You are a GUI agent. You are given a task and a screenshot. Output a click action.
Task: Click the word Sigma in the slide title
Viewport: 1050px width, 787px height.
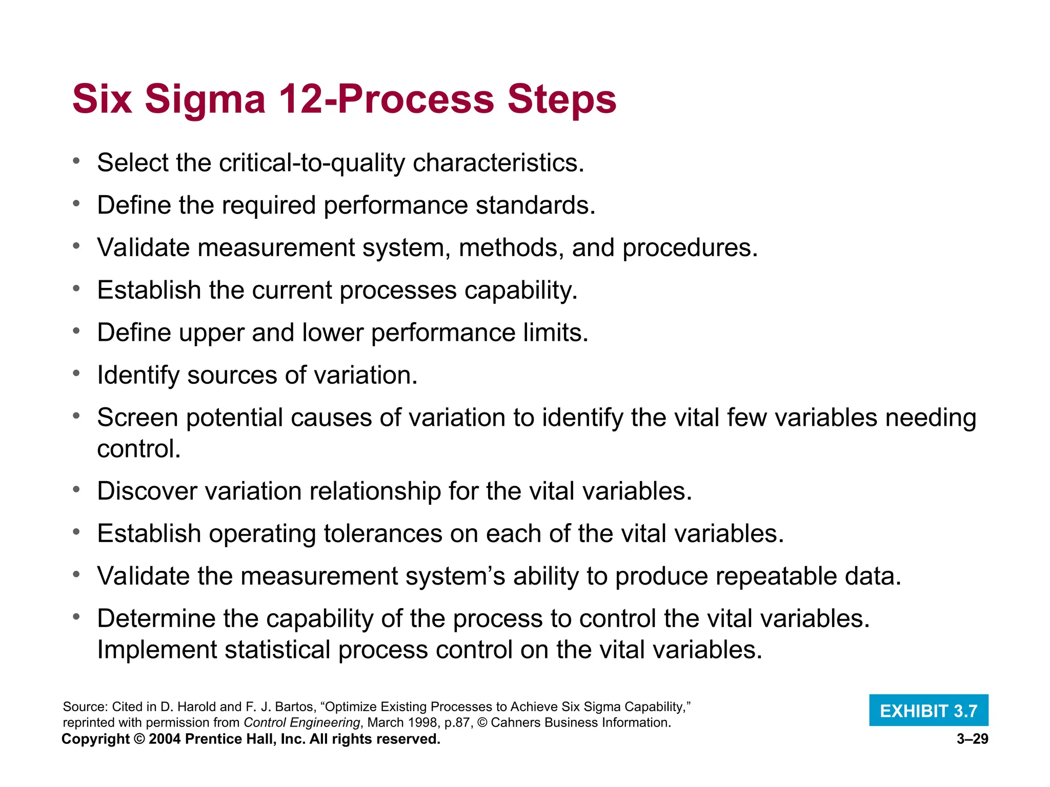(205, 99)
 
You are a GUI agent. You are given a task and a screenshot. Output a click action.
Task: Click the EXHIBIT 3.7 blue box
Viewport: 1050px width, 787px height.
(928, 711)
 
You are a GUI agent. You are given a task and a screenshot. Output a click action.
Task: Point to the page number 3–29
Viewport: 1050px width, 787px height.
(972, 739)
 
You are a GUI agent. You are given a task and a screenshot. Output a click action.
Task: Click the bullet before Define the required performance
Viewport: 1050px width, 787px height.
(76, 204)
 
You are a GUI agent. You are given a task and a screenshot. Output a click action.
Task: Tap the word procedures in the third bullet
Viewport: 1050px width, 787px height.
(690, 248)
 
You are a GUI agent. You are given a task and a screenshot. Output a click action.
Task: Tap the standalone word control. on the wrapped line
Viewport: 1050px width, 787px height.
(139, 449)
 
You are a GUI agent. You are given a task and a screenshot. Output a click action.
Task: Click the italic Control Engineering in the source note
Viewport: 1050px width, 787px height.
(301, 722)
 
